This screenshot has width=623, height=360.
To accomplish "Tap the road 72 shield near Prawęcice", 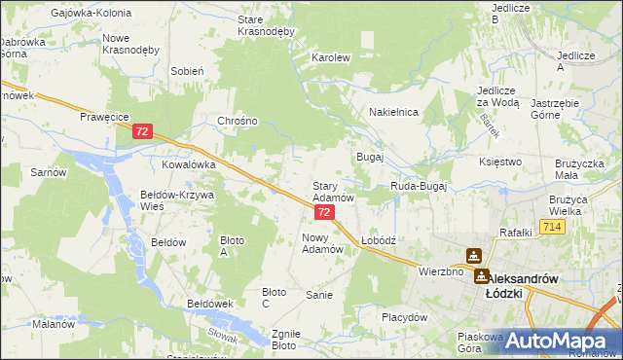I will coord(144,130).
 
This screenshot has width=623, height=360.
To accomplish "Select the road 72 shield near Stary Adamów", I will coord(324,211).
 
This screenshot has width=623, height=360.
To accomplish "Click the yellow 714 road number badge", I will coord(553,227).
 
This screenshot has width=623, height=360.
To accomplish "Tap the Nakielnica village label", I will coord(393,113).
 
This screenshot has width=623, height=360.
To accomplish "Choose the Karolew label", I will coord(330,57).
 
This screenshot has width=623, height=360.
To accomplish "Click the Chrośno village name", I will coord(238,122).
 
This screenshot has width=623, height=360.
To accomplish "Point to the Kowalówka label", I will coord(188,165).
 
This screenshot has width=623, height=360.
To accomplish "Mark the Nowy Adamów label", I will coord(323,243).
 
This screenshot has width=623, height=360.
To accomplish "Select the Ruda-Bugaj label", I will coord(418,186).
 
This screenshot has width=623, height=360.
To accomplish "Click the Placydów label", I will coord(404,317).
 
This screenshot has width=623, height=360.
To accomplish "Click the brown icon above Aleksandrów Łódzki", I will coord(474,256).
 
